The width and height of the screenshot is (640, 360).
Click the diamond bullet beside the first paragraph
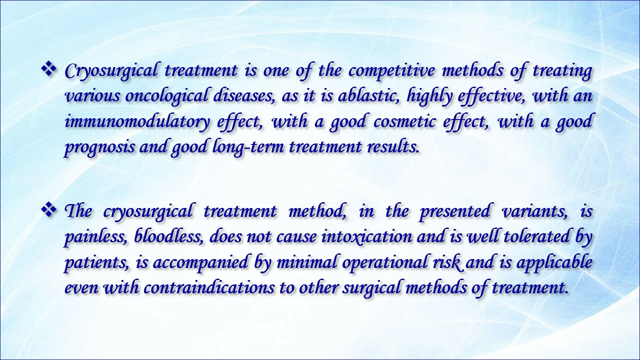[49, 70]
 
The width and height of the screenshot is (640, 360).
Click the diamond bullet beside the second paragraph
[49, 211]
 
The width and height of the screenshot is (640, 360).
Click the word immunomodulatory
[137, 122]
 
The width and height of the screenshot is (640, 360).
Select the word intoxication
[367, 237]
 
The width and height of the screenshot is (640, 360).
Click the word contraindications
[209, 288]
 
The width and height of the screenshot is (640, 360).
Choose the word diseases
[244, 96]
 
